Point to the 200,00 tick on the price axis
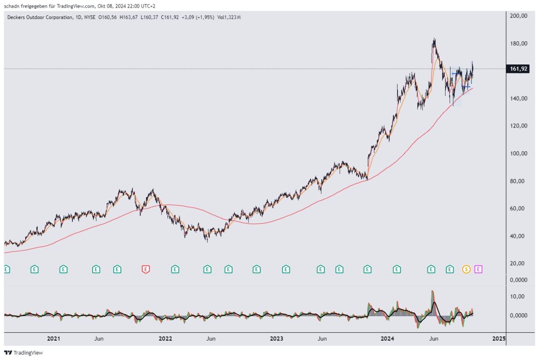(519, 16)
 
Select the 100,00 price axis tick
(519, 154)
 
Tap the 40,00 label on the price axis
(519, 236)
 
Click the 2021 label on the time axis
(53, 339)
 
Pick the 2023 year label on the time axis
(276, 339)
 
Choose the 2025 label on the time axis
(499, 339)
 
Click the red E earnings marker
(146, 269)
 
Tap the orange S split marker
(466, 269)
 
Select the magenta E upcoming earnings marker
(478, 269)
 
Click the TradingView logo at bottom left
(24, 353)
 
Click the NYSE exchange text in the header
(90, 17)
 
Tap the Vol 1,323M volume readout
(229, 17)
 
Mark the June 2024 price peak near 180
(434, 40)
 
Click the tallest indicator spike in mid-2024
(432, 292)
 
